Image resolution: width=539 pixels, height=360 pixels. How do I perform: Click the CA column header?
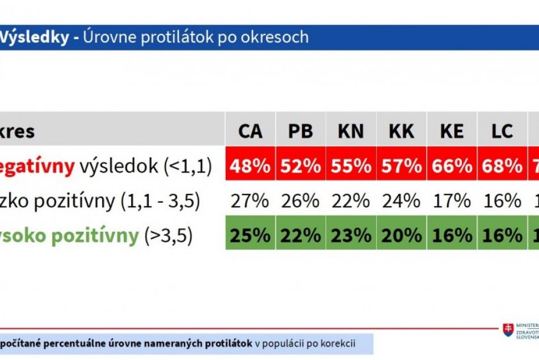[250, 131]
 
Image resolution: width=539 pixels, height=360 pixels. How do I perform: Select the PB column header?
[301, 131]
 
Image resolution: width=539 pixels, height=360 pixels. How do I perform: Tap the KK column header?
[401, 131]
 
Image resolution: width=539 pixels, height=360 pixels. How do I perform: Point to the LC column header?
[502, 131]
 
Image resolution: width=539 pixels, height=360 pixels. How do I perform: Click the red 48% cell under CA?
[250, 166]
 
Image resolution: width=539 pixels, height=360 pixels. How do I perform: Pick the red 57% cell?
[401, 166]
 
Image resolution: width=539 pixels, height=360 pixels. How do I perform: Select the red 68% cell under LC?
[502, 166]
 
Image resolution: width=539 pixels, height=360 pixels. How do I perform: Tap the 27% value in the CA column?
[250, 200]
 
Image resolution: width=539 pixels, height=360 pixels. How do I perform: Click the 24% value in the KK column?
[401, 200]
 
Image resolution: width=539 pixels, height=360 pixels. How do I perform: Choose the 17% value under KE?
[452, 200]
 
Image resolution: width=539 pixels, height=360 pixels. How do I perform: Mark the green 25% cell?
[250, 235]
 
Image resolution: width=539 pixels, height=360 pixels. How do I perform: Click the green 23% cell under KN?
[351, 235]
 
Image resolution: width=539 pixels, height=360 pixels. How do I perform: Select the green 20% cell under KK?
[401, 235]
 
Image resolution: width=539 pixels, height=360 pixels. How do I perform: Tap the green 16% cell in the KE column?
[452, 235]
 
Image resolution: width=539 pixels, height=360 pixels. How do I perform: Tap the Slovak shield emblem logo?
[508, 330]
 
